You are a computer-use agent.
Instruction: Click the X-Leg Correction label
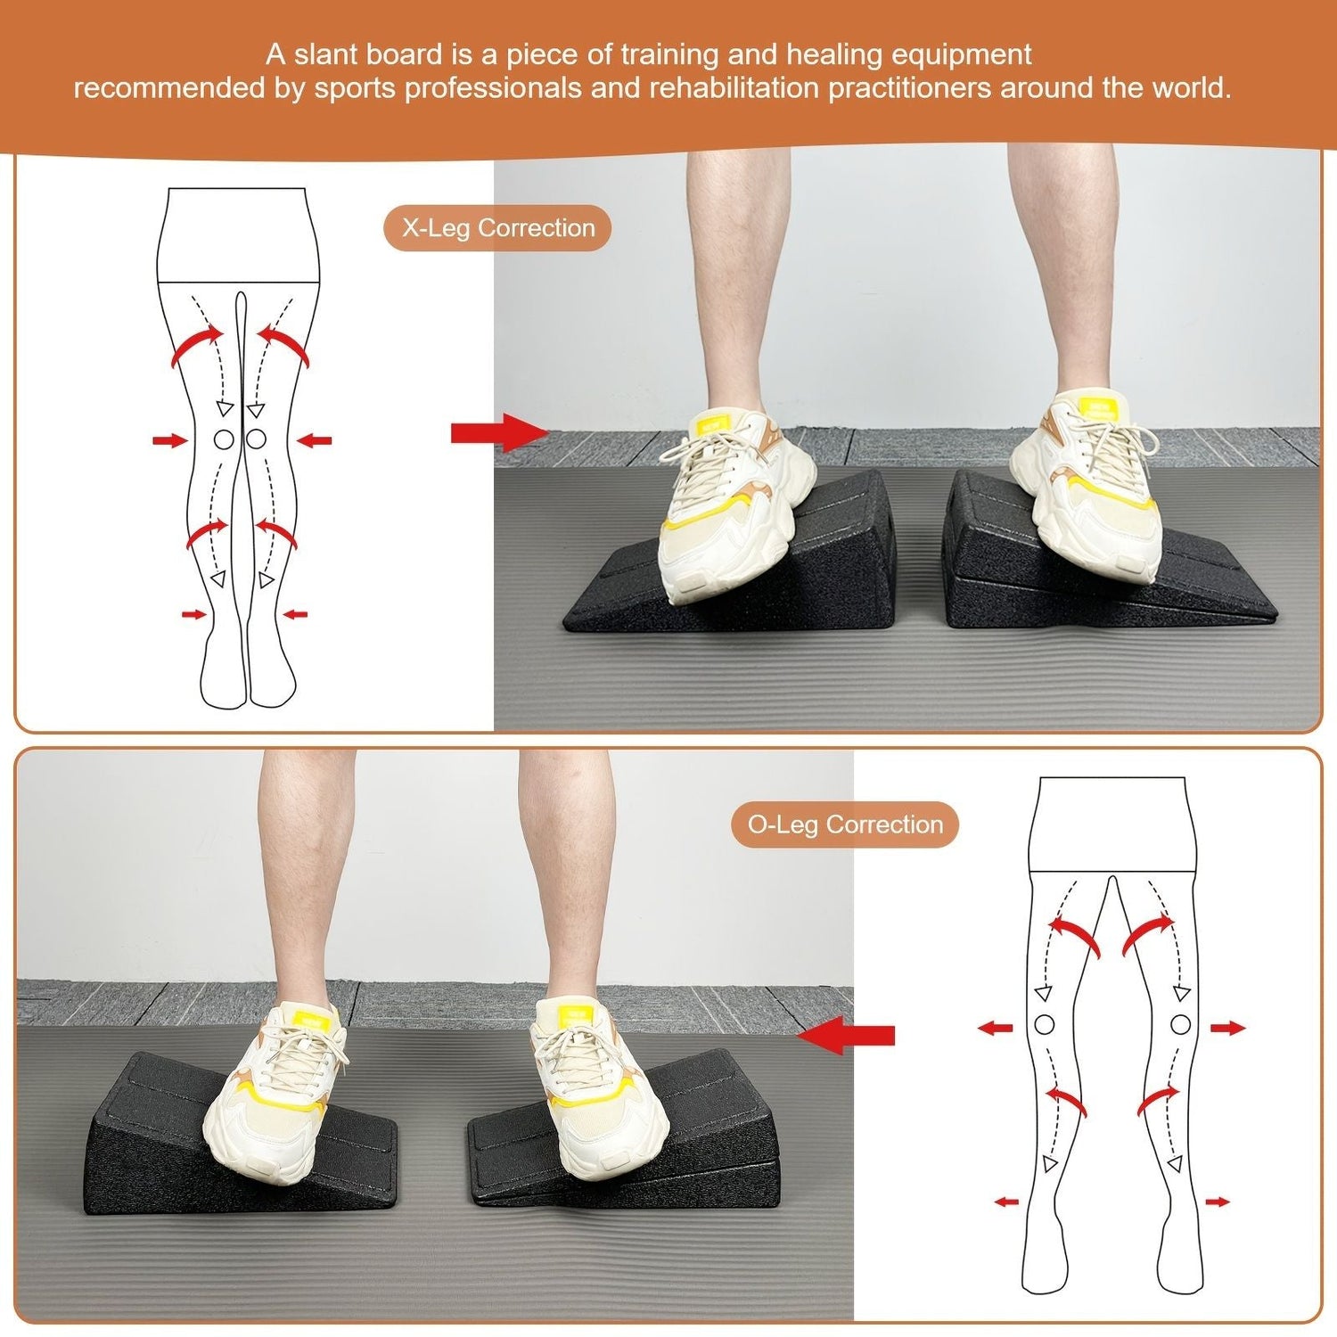[x=497, y=228]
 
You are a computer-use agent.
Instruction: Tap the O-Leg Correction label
[x=844, y=824]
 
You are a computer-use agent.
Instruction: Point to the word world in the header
[x=1190, y=88]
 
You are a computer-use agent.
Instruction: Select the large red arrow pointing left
[x=847, y=1035]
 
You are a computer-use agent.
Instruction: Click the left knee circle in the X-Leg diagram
[x=224, y=439]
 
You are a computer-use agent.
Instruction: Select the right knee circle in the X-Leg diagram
[x=256, y=439]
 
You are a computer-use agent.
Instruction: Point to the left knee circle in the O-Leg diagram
[x=1045, y=1025]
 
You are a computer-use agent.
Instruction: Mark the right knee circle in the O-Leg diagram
[x=1180, y=1025]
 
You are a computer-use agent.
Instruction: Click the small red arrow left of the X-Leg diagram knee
[x=168, y=439]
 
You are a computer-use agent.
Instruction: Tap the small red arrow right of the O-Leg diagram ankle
[x=1218, y=1202]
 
